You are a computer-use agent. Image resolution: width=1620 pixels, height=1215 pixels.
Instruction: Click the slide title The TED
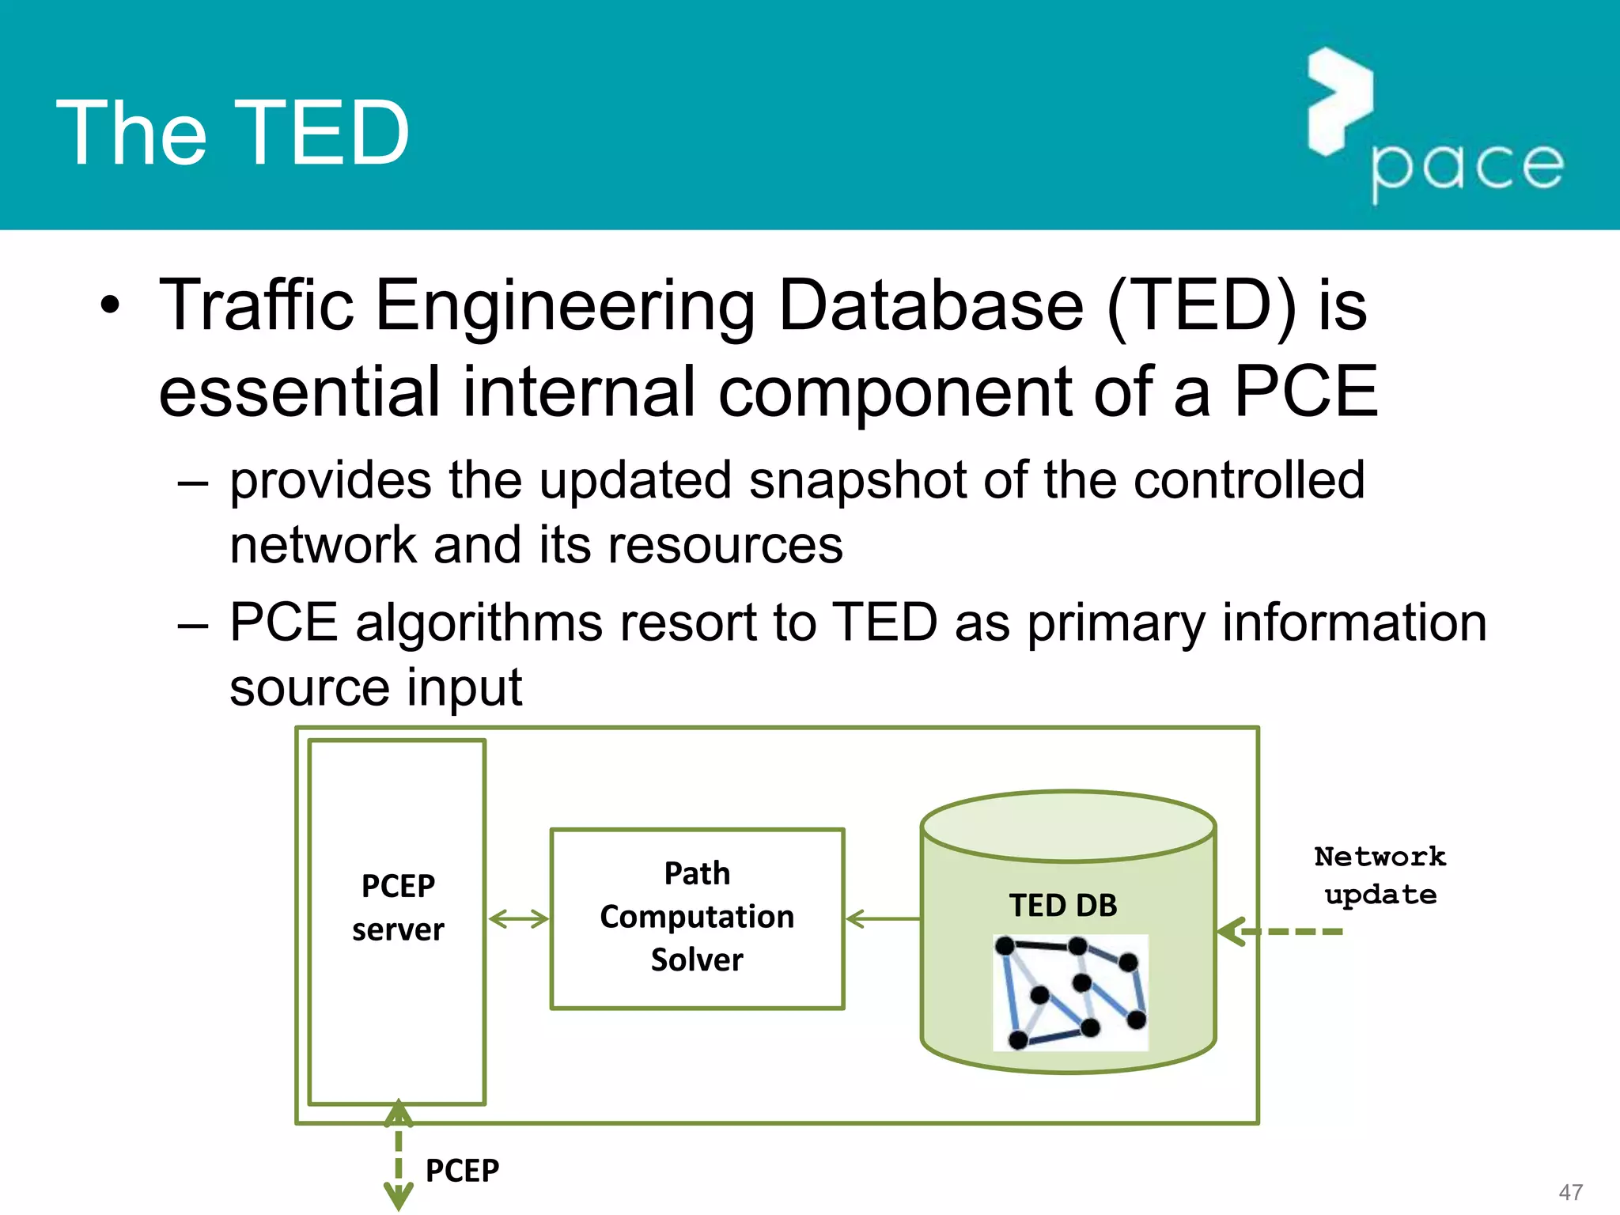click(x=233, y=133)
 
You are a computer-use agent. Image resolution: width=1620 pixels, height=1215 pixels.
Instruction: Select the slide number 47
click(x=1570, y=1192)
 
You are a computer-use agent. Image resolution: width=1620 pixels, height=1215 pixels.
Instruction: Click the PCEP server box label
click(x=398, y=907)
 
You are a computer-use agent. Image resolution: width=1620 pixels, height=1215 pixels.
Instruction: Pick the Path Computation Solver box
click(x=697, y=918)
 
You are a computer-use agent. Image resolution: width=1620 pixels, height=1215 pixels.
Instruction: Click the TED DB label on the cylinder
click(x=1062, y=905)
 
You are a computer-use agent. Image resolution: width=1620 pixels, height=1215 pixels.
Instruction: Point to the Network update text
click(x=1380, y=875)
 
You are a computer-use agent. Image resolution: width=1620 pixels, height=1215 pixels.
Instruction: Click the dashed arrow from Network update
click(x=1281, y=932)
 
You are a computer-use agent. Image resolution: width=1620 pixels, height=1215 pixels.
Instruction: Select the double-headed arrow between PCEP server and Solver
click(x=518, y=919)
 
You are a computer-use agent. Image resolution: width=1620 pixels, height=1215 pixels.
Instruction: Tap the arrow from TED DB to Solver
click(x=882, y=919)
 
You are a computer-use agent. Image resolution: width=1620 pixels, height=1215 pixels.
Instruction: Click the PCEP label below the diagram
click(x=462, y=1170)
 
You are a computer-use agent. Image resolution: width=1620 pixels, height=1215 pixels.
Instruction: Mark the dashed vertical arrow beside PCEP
click(x=398, y=1155)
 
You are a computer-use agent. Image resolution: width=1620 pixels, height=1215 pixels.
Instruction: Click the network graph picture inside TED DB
click(x=1070, y=992)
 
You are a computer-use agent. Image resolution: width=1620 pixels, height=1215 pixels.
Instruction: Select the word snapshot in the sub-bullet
click(x=857, y=480)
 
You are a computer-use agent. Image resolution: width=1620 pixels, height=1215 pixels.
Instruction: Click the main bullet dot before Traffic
click(x=111, y=305)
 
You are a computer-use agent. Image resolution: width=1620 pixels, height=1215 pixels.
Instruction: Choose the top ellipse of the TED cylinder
click(x=1068, y=827)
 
